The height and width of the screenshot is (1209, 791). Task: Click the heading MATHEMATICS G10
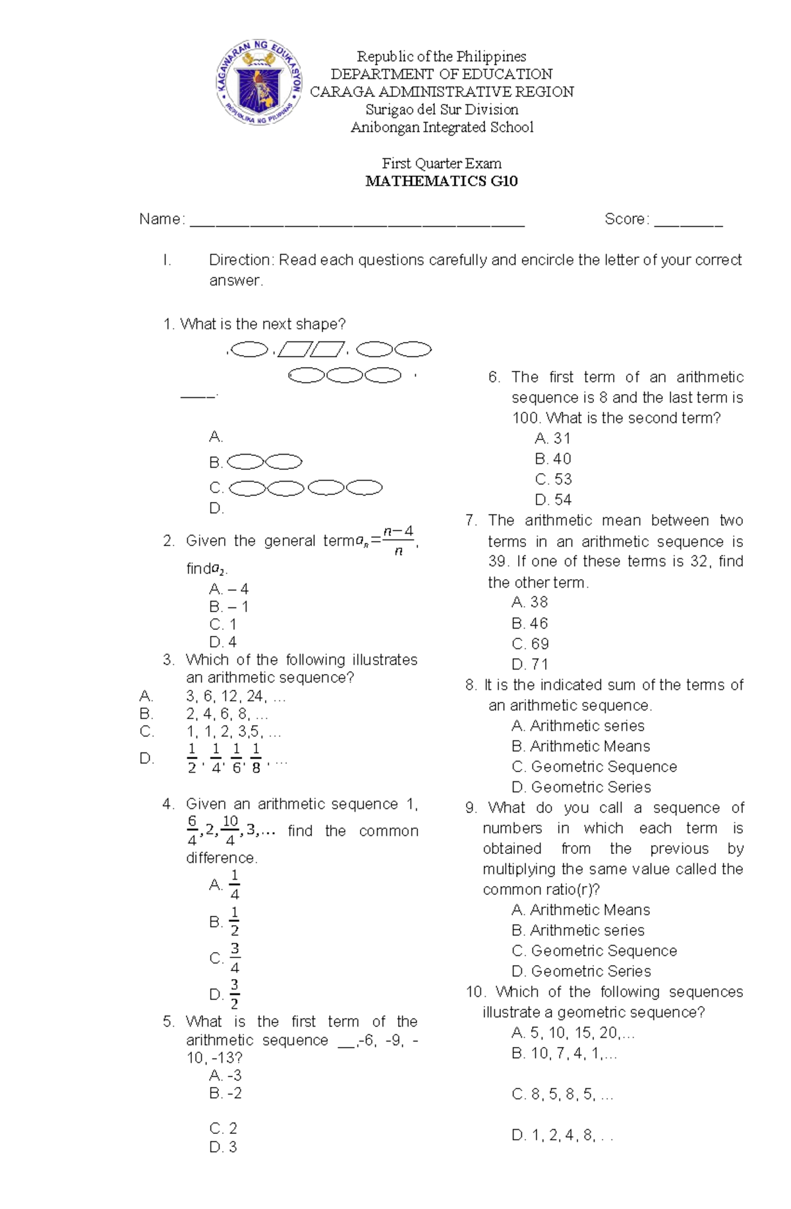tap(441, 181)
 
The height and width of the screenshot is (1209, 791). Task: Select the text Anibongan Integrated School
tap(441, 127)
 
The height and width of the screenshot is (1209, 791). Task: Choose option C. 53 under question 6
tap(553, 479)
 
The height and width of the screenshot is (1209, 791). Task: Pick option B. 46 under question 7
tap(529, 623)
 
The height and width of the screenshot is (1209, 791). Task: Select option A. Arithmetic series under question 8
tap(577, 725)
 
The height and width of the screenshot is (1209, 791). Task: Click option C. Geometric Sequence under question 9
tap(594, 951)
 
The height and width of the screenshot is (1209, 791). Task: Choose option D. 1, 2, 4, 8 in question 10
tap(562, 1135)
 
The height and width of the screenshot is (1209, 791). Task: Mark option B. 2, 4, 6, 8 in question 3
tap(226, 714)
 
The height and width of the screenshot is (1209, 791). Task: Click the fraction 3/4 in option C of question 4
tap(235, 959)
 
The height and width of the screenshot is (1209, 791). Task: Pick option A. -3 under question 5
tap(225, 1075)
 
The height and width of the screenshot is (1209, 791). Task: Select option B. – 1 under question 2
tap(228, 606)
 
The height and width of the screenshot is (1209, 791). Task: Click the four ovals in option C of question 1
tap(306, 488)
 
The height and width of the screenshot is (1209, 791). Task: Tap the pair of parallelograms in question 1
tap(311, 349)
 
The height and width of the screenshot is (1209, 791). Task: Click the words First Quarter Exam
tap(441, 163)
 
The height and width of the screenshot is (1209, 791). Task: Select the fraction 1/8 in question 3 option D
tap(256, 758)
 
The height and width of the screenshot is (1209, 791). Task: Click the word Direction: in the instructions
tap(241, 260)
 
